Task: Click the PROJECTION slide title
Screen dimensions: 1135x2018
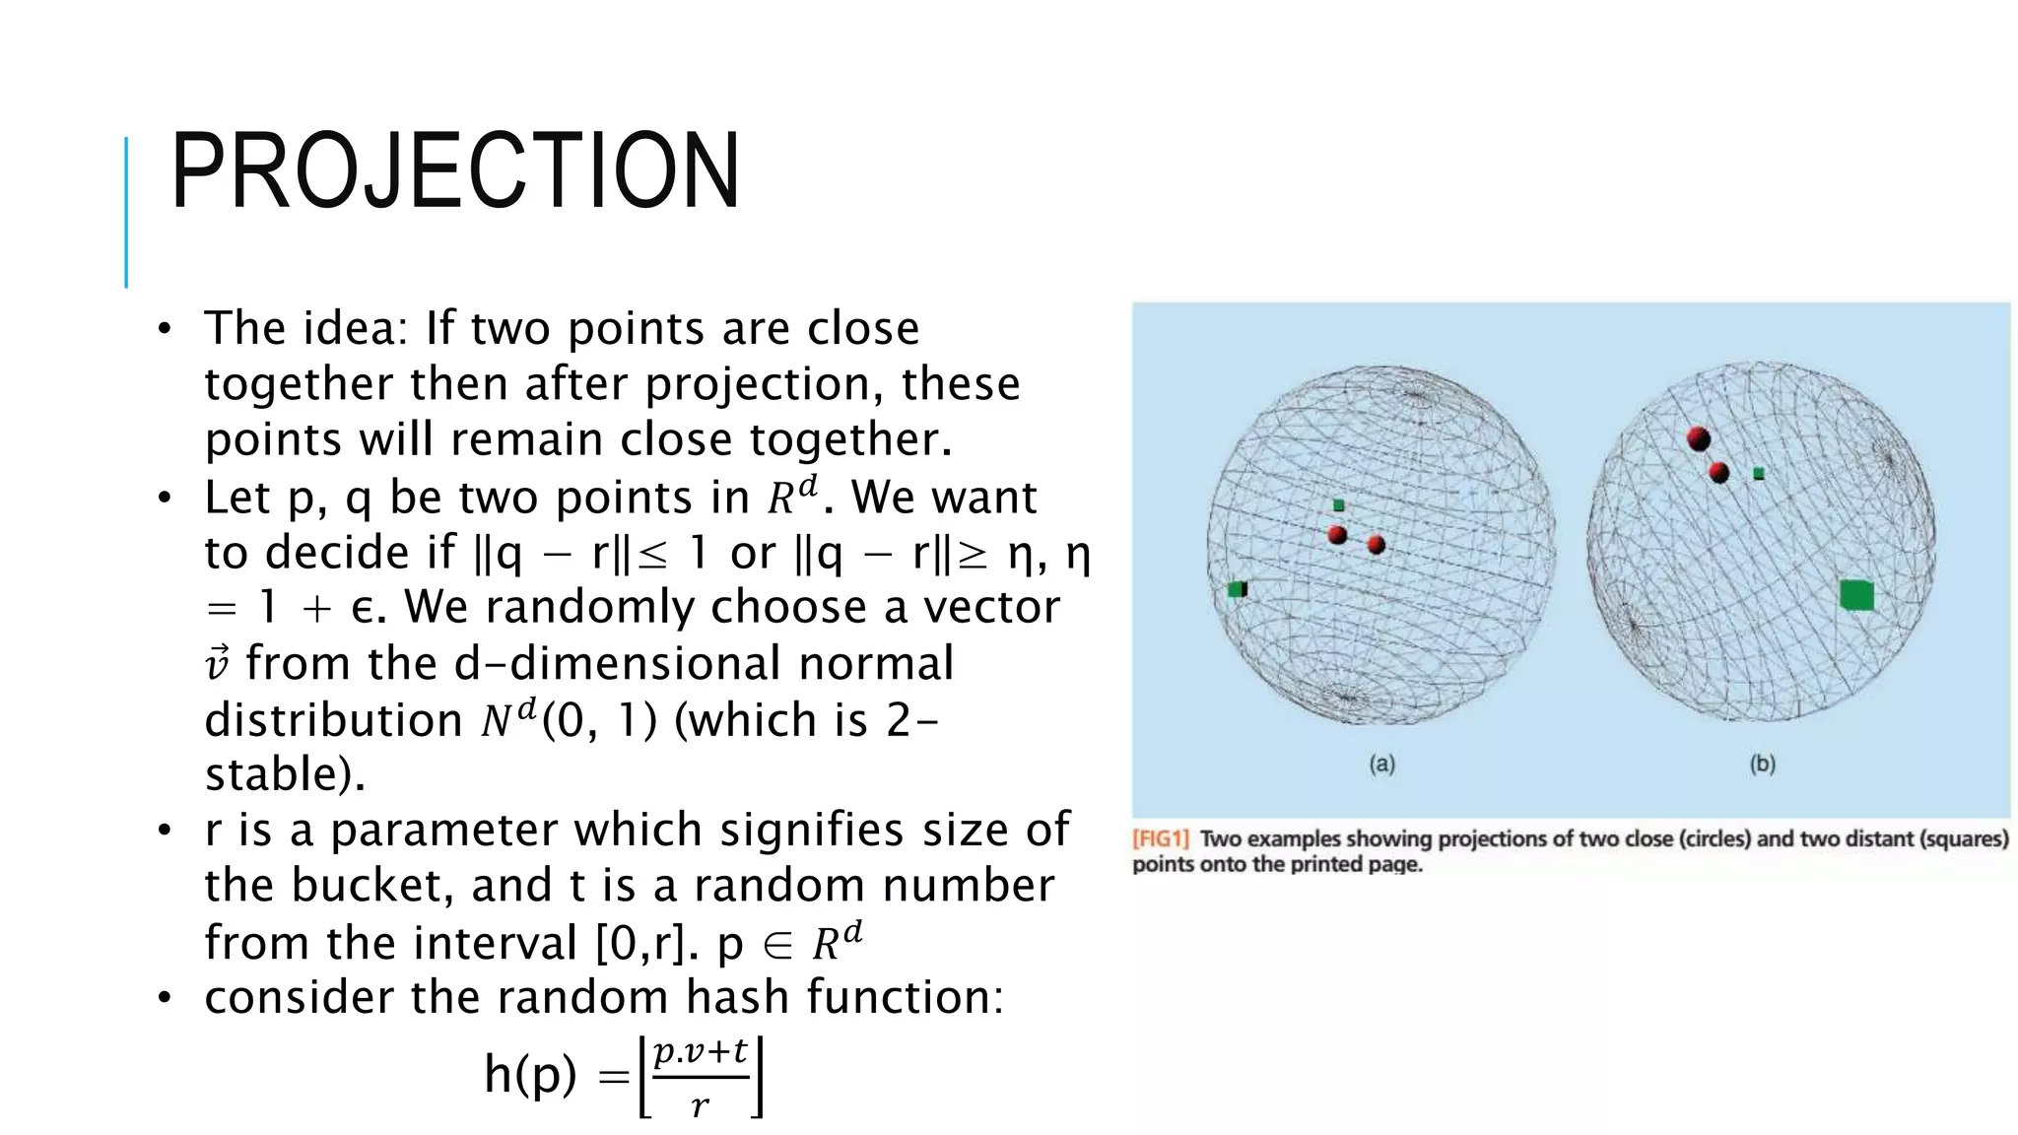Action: (x=455, y=172)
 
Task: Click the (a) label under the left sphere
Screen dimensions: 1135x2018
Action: (x=1381, y=764)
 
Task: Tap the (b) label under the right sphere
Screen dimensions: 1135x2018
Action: (x=1762, y=764)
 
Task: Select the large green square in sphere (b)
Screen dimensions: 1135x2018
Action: (x=1856, y=595)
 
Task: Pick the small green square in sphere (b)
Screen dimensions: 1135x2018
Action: (x=1759, y=474)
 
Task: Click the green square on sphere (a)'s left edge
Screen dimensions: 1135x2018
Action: (x=1238, y=589)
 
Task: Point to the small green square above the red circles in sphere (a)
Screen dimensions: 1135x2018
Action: (x=1338, y=505)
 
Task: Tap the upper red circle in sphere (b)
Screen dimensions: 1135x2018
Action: (x=1699, y=438)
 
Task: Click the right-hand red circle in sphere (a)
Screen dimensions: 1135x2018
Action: (x=1377, y=545)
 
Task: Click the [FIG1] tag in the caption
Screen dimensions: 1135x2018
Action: (x=1161, y=839)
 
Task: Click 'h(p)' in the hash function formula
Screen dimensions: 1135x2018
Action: (x=530, y=1074)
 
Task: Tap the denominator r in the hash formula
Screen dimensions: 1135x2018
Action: (x=700, y=1105)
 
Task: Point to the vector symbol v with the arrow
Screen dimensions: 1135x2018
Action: (x=218, y=663)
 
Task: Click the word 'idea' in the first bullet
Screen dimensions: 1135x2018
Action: (x=355, y=328)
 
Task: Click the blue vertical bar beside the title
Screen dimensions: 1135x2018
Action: (x=126, y=212)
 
